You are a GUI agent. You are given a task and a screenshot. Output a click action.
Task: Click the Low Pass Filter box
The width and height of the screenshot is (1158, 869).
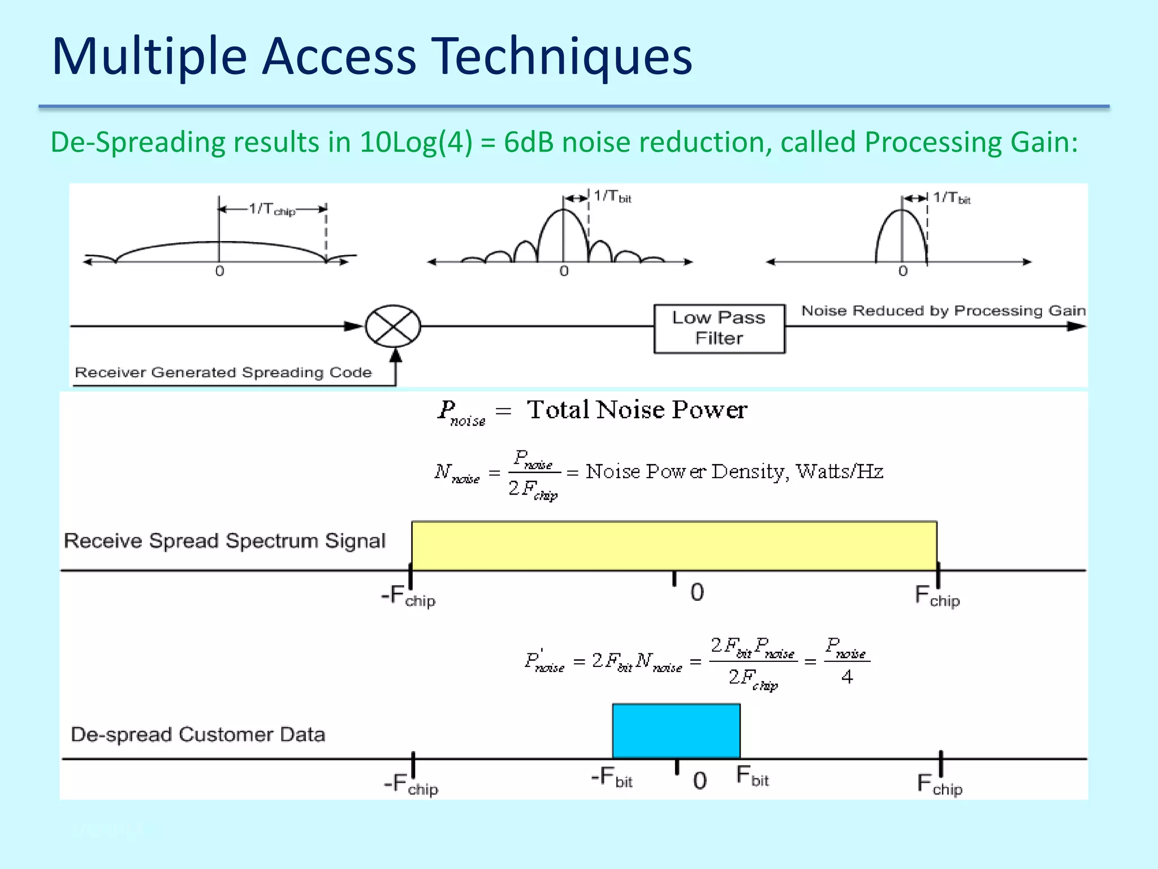pyautogui.click(x=719, y=328)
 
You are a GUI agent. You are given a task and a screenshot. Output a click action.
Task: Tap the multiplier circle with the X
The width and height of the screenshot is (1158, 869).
pyautogui.click(x=393, y=326)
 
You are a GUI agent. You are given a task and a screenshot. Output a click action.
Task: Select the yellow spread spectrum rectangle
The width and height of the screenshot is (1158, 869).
pyautogui.click(x=674, y=545)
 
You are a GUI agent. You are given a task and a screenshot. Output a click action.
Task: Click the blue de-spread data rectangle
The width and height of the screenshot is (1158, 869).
pyautogui.click(x=676, y=730)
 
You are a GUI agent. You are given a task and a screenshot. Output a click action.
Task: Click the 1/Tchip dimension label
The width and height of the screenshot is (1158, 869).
pyautogui.click(x=272, y=209)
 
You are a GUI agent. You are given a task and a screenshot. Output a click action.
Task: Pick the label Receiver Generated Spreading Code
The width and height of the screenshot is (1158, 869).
pyautogui.click(x=223, y=372)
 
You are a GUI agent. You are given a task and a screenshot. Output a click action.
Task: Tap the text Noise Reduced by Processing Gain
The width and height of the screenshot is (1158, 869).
pyautogui.click(x=943, y=311)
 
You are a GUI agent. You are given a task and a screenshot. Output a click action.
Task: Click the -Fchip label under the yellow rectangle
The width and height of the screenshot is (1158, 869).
pyautogui.click(x=408, y=596)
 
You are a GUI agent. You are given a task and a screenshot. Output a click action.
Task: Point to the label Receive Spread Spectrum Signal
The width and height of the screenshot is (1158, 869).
pyautogui.click(x=224, y=541)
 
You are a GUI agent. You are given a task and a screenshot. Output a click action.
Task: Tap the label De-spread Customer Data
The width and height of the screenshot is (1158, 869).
pyautogui.click(x=198, y=734)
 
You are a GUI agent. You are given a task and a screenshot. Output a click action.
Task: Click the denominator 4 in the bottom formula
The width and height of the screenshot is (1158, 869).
pyautogui.click(x=846, y=677)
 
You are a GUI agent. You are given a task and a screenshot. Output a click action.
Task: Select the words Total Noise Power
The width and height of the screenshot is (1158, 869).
pyautogui.click(x=637, y=410)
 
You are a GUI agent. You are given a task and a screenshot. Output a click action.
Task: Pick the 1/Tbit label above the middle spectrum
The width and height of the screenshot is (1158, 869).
pyautogui.click(x=612, y=197)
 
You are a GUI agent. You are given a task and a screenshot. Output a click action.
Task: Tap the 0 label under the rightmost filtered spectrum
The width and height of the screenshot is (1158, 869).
pyautogui.click(x=903, y=271)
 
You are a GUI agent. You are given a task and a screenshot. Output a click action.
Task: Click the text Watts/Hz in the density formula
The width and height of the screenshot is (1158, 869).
pyautogui.click(x=840, y=471)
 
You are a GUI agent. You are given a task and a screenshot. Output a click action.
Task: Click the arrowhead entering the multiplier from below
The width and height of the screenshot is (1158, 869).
pyautogui.click(x=396, y=356)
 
